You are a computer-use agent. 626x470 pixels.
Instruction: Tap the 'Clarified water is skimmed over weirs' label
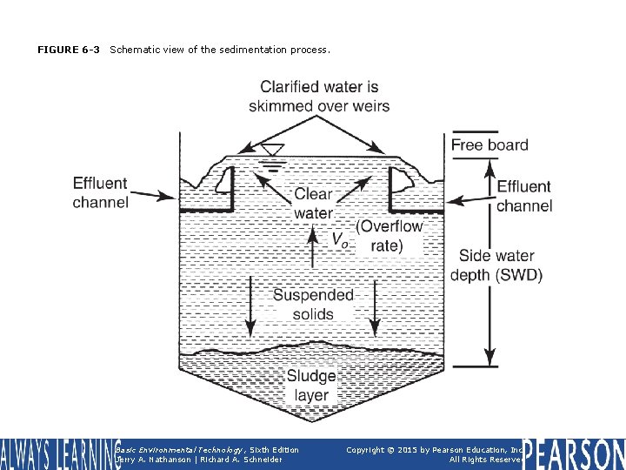click(x=319, y=97)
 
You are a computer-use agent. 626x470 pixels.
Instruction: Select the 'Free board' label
click(x=489, y=144)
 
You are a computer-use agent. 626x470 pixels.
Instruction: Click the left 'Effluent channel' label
click(x=100, y=193)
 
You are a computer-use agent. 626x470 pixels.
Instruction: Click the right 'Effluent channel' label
click(x=524, y=196)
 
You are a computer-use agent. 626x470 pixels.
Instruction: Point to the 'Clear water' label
click(x=313, y=204)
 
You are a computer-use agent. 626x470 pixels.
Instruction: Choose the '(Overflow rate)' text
click(x=390, y=236)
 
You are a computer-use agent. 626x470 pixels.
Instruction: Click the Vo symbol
click(x=340, y=239)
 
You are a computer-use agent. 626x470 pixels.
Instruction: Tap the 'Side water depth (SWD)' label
click(x=496, y=265)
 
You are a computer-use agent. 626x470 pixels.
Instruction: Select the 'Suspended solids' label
click(x=313, y=305)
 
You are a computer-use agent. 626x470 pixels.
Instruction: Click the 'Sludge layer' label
click(x=311, y=386)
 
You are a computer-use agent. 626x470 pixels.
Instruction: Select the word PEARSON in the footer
click(x=575, y=454)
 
